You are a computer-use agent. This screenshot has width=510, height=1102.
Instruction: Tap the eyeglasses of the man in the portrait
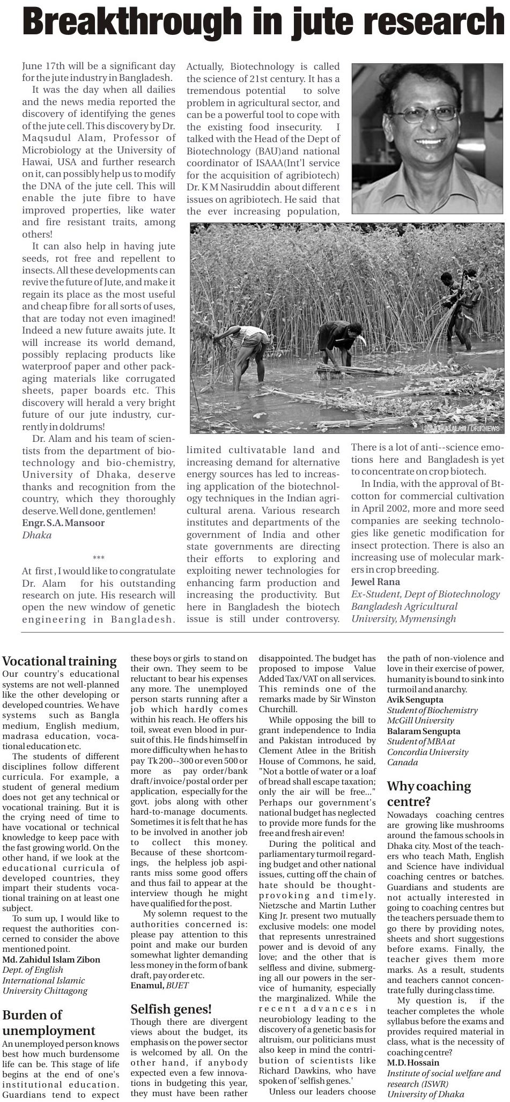[x=427, y=113]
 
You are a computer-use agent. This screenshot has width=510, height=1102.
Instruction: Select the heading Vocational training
[x=60, y=661]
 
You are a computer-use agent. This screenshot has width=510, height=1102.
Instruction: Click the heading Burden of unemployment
[x=49, y=1008]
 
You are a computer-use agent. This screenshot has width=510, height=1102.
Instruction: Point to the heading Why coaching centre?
[x=429, y=794]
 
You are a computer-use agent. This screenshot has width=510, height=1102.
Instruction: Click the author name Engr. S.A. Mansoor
[x=63, y=523]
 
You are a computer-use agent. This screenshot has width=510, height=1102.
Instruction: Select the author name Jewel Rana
[x=375, y=582]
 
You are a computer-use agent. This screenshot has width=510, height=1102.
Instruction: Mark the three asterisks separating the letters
[x=98, y=558]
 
